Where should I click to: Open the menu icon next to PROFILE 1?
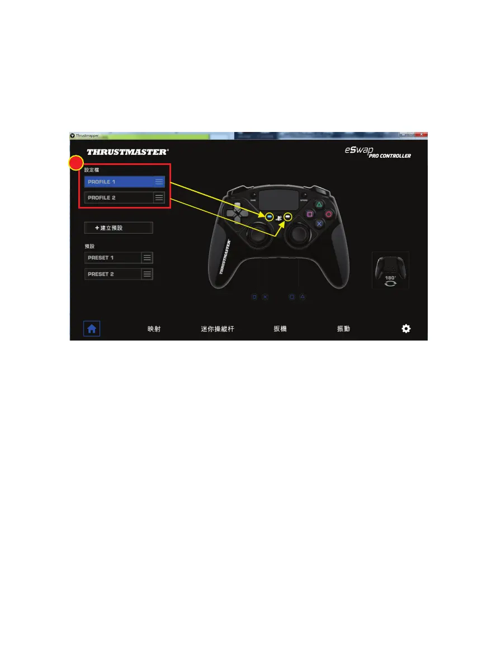(159, 182)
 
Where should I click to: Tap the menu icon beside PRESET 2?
(147, 274)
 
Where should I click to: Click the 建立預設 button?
(119, 228)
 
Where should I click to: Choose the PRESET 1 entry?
(112, 258)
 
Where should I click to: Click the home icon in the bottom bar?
(92, 329)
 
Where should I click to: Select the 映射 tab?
(154, 329)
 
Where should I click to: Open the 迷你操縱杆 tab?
(218, 329)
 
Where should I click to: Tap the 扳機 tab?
(280, 329)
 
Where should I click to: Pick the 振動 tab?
(343, 329)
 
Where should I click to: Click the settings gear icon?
(406, 329)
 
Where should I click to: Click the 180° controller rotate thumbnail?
(390, 270)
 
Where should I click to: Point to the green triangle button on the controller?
(319, 205)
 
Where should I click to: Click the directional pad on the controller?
(237, 213)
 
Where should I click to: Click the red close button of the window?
(423, 135)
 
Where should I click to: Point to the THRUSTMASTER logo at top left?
(127, 152)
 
